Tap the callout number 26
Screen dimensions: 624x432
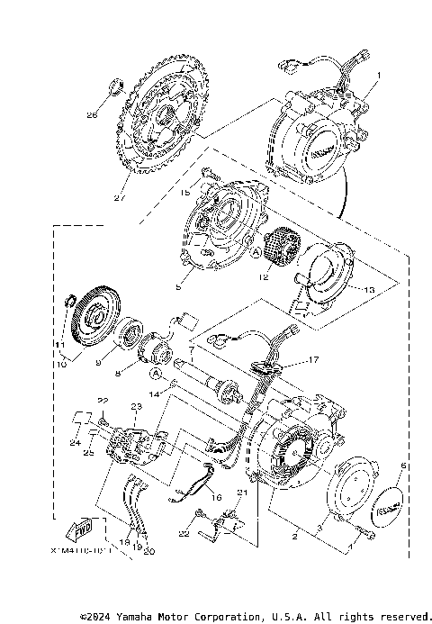tap(92, 115)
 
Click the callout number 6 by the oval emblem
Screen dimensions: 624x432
tap(403, 466)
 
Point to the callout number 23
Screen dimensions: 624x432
tap(137, 407)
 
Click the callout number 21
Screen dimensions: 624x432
tap(241, 493)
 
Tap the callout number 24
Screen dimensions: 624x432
tap(76, 442)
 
